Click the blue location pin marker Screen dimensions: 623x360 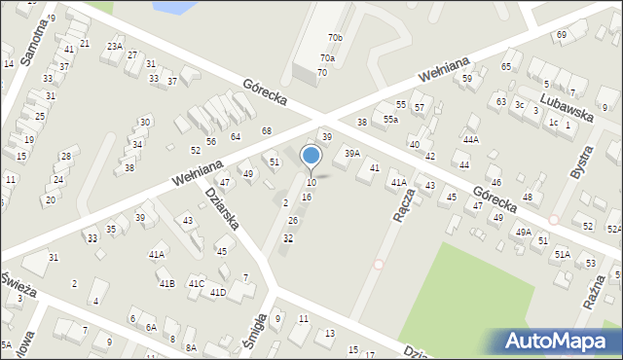coord(311,156)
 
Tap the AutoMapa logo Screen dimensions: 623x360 coord(559,341)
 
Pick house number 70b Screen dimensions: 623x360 coord(335,38)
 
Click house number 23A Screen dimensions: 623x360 coord(114,46)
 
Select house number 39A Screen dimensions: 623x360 coord(352,153)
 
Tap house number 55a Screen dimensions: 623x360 coord(390,119)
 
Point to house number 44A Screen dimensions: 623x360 coord(471,140)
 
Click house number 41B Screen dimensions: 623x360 coord(167,283)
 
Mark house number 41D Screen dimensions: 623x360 coord(218,292)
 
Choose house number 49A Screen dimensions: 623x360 coord(524,232)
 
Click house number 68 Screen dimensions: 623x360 coord(266,130)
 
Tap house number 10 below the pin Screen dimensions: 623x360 coord(311,183)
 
